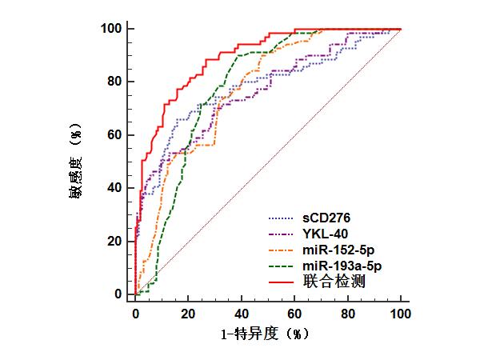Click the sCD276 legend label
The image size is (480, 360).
(326, 218)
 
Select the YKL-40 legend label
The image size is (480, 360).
(325, 234)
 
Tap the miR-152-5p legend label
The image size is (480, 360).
(338, 250)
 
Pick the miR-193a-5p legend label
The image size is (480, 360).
(342, 266)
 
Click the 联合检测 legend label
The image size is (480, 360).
(334, 282)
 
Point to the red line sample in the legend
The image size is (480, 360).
(281, 282)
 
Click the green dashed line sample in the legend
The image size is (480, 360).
(281, 266)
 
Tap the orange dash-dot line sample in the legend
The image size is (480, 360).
(281, 250)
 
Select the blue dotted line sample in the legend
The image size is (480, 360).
(281, 218)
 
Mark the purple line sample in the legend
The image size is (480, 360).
(281, 234)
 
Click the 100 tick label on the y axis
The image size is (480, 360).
(111, 29)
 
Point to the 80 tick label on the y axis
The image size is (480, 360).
(114, 82)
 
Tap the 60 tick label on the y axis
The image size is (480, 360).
(114, 134)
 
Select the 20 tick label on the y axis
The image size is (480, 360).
(114, 242)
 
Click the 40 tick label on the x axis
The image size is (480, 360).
(242, 314)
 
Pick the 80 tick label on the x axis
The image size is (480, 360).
(348, 314)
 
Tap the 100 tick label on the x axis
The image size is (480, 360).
(401, 314)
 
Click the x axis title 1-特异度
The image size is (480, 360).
(250, 334)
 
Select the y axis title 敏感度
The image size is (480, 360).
(75, 178)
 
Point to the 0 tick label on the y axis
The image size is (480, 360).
(118, 294)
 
